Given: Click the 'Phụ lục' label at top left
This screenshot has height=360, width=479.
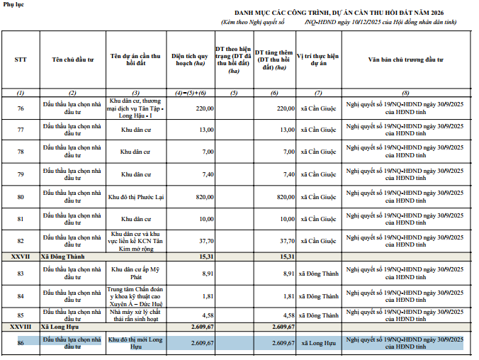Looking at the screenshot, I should (13, 6).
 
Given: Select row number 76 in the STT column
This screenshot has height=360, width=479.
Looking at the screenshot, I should (20, 108).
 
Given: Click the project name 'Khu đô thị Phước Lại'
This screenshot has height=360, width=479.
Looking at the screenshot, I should (136, 196).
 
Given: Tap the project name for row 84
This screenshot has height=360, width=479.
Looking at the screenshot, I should (136, 296).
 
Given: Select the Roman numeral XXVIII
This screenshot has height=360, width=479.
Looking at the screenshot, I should (20, 327).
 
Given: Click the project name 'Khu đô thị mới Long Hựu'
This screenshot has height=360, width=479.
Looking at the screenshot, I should (136, 343).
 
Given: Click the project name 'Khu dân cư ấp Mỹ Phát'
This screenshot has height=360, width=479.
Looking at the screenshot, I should (136, 274).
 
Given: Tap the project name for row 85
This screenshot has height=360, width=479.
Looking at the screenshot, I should (136, 315).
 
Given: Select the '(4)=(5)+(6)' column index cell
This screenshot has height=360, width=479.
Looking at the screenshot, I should (191, 94).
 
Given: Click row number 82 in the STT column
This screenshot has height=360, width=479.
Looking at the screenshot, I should (20, 241).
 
